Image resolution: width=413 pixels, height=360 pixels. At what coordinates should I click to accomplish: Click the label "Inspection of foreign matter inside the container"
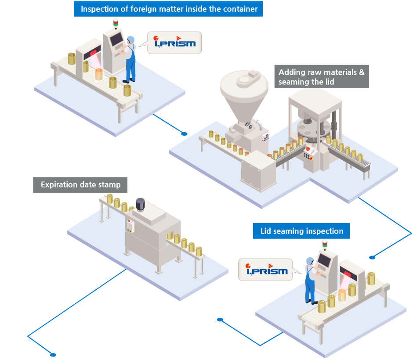coord(168,8)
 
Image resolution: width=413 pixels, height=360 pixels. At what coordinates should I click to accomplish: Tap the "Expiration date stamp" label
coord(80,185)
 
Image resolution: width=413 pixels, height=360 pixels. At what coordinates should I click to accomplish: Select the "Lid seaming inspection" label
coord(301,231)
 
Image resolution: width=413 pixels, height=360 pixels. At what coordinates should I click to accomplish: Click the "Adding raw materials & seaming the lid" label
coord(321,77)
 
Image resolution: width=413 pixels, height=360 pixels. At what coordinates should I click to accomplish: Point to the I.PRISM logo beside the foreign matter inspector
coord(174,43)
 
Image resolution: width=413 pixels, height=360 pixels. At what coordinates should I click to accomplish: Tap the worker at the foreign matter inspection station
coord(130,59)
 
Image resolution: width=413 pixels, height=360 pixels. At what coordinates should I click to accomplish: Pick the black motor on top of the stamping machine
coord(140,204)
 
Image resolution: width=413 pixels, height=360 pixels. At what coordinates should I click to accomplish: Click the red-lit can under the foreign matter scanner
coord(99,74)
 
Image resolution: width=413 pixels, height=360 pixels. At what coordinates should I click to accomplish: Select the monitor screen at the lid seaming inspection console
coord(325,261)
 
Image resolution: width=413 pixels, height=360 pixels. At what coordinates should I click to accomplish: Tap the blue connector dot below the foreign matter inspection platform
coord(185,134)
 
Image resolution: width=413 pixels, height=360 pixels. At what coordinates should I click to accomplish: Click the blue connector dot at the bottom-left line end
coord(53,354)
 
